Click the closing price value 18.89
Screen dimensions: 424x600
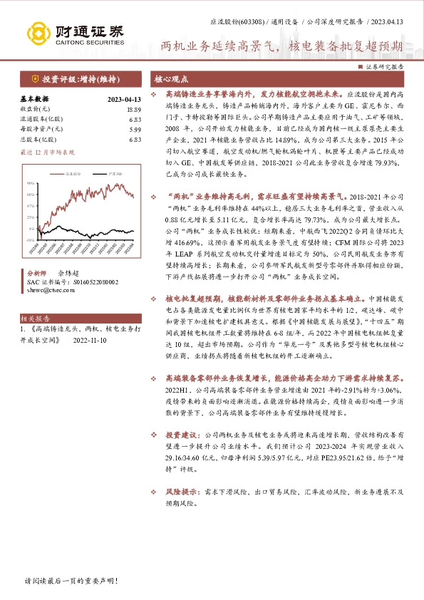coord(135,109)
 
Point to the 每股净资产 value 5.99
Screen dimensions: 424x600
coord(135,129)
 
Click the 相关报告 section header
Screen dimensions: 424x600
coord(33,319)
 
